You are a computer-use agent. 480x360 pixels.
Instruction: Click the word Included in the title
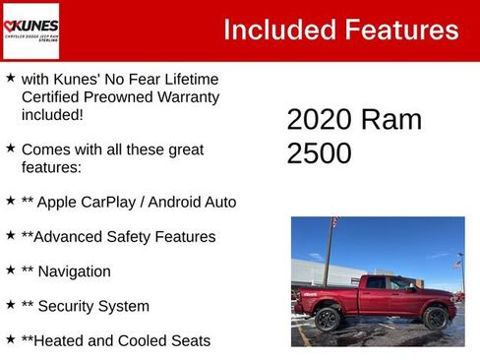(277, 30)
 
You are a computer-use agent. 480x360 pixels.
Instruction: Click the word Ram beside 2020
(391, 119)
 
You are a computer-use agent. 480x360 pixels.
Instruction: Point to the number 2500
(320, 153)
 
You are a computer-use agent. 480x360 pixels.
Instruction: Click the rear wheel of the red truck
(328, 319)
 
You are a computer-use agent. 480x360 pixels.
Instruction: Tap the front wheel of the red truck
(435, 318)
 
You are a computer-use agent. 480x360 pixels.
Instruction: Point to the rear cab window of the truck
(377, 283)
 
